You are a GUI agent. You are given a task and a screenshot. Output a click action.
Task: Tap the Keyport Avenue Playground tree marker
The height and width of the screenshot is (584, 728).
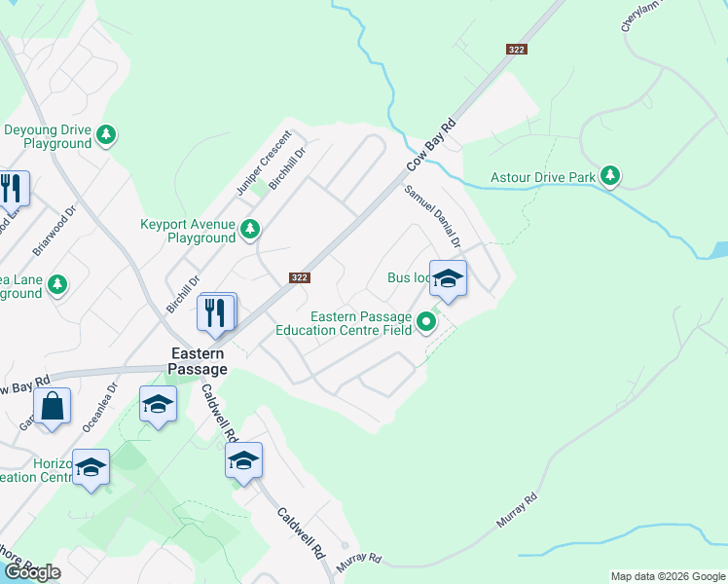click(251, 230)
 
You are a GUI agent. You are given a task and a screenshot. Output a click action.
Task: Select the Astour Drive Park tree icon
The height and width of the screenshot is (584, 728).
click(610, 175)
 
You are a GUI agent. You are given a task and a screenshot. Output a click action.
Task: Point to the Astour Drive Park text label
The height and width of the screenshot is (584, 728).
click(541, 177)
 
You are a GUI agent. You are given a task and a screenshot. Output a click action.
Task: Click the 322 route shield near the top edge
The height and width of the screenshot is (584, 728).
click(517, 50)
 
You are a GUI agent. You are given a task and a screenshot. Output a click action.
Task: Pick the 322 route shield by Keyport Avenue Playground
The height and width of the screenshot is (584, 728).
click(300, 277)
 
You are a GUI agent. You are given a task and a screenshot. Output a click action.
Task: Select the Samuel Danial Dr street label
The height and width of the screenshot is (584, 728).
click(431, 216)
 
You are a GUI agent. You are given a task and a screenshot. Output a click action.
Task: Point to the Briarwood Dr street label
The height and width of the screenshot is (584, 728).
click(55, 231)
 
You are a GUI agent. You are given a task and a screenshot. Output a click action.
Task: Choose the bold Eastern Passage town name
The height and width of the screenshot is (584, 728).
click(199, 361)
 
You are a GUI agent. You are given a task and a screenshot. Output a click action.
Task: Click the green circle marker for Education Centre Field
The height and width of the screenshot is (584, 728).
click(425, 321)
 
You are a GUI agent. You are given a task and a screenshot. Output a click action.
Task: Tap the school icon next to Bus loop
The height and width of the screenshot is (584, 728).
click(448, 279)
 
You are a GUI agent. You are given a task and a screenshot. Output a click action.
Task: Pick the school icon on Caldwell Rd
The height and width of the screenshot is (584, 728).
click(243, 460)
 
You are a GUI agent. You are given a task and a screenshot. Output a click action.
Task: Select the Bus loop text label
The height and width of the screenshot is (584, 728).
click(408, 277)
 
